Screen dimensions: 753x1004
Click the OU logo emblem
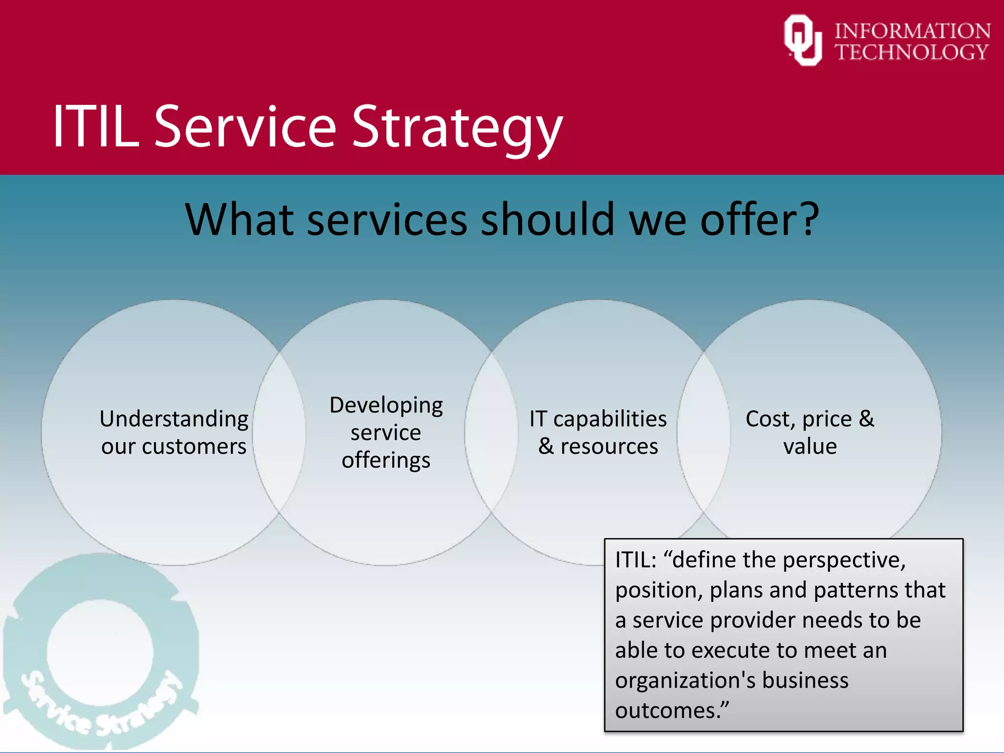click(803, 40)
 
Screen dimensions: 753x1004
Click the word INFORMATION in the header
click(912, 31)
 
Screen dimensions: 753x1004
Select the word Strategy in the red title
click(457, 128)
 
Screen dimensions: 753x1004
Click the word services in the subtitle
click(387, 220)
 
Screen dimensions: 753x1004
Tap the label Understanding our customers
click(174, 432)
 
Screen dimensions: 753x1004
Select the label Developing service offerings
click(386, 432)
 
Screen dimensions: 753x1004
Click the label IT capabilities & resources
click(598, 432)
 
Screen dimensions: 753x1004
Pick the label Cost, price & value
click(810, 432)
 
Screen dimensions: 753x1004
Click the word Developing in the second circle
click(386, 406)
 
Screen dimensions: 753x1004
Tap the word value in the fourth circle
click(810, 447)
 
